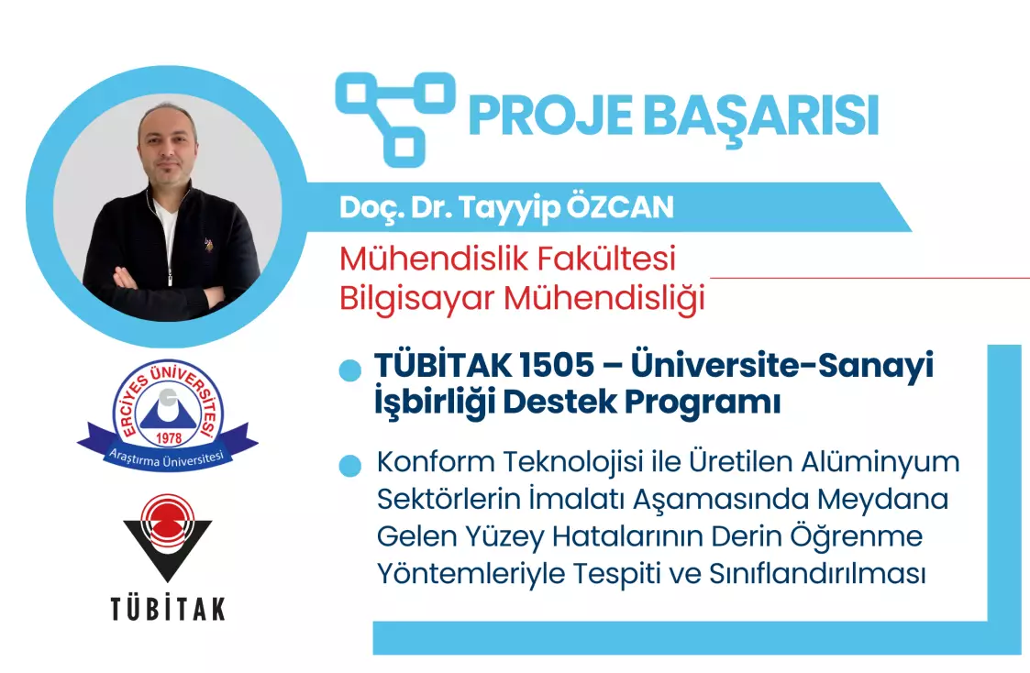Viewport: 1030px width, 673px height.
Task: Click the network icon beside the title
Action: coord(395,119)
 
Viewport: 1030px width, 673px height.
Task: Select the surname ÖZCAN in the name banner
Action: coord(620,207)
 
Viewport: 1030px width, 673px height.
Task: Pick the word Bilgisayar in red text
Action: coord(416,300)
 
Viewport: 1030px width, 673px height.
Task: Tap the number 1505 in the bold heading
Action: coord(556,365)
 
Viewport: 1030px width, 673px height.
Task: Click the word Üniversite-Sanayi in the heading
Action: coord(781,365)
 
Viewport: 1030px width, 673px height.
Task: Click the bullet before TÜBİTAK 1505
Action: coord(350,370)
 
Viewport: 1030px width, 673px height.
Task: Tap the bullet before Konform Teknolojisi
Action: coord(350,466)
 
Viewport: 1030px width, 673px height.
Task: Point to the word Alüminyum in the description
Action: coord(880,462)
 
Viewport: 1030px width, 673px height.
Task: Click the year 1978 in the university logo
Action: coord(169,438)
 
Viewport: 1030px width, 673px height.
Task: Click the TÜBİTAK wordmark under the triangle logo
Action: coord(168,609)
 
